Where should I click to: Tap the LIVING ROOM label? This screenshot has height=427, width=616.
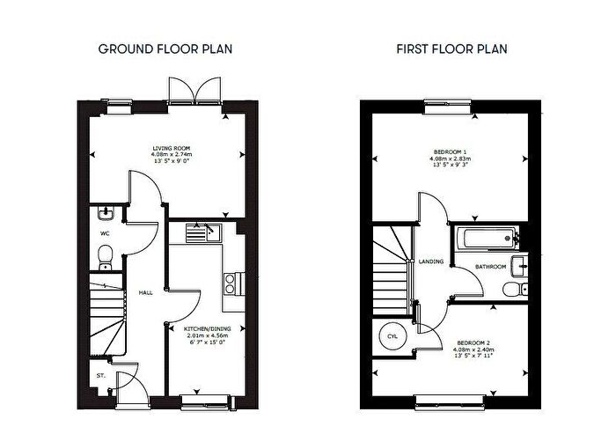click(171, 148)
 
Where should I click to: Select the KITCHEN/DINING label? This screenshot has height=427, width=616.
click(203, 328)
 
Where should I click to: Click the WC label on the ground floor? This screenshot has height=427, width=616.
click(104, 234)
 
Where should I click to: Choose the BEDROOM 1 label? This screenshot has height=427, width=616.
click(449, 151)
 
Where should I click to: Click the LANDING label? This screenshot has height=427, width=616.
click(432, 261)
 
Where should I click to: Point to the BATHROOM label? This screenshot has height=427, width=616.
click(491, 266)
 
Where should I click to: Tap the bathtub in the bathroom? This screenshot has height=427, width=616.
click(485, 238)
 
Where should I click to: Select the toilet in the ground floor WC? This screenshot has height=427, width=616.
click(104, 255)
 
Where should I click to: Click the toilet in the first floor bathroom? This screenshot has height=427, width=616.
click(513, 291)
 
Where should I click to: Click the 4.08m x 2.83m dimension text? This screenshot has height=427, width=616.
click(449, 159)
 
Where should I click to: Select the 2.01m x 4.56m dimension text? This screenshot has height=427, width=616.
click(203, 335)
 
